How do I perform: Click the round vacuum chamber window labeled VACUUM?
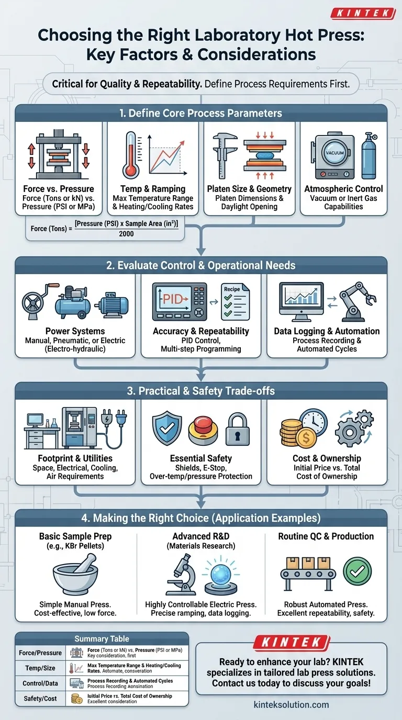tap(333, 152)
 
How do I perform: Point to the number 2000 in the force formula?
tap(126, 234)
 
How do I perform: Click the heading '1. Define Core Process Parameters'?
tap(201, 113)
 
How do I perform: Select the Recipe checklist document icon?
tap(235, 302)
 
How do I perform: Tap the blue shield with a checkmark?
tap(166, 428)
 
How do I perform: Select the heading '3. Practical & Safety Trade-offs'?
tap(201, 391)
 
